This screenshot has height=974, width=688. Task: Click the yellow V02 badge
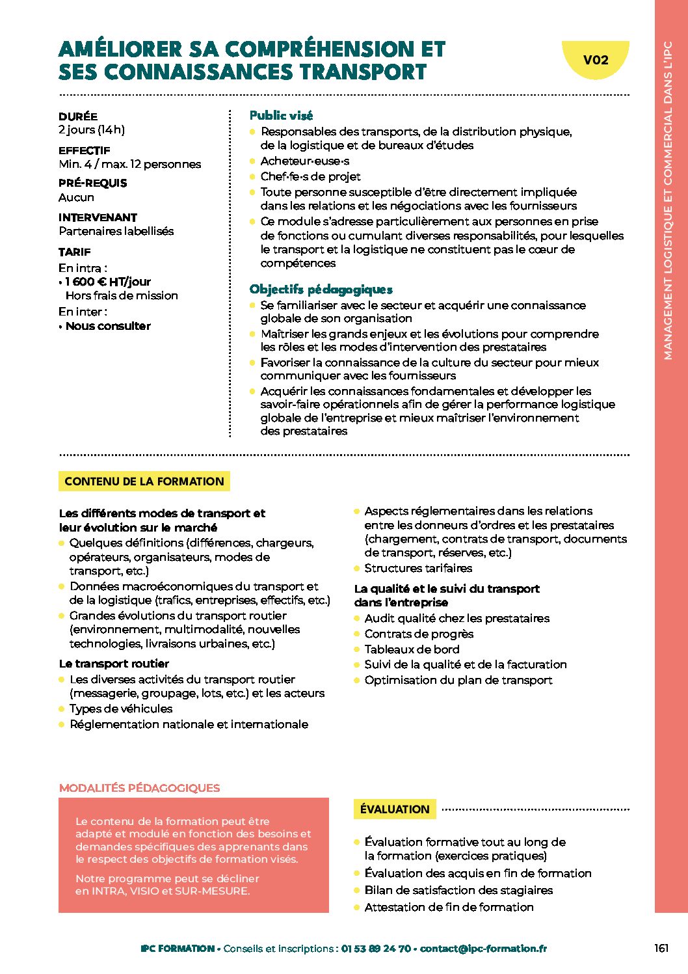tap(595, 61)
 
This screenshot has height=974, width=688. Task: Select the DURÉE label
tap(78, 116)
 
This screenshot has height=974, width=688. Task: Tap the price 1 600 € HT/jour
tap(108, 282)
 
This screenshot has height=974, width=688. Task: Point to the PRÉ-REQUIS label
tap(92, 183)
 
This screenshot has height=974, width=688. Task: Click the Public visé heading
tap(281, 116)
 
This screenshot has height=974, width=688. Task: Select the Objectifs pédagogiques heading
tap(321, 290)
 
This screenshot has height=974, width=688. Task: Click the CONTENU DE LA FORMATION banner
tap(144, 481)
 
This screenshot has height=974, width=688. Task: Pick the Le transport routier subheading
tap(114, 664)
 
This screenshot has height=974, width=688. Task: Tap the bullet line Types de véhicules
tap(121, 709)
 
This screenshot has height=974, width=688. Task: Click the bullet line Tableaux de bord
tap(412, 649)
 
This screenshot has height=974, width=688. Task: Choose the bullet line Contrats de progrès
tap(419, 634)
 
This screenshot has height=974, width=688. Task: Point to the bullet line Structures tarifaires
tap(418, 568)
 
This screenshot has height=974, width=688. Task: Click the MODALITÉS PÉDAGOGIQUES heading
tap(139, 788)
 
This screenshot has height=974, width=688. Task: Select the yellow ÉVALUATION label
tap(395, 809)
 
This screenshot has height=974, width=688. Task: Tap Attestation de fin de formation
tap(449, 907)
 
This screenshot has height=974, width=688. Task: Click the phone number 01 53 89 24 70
tap(376, 949)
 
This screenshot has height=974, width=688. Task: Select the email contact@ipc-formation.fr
tap(483, 949)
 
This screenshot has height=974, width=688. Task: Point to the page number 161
tap(661, 948)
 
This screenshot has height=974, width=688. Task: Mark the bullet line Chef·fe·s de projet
tap(310, 176)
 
